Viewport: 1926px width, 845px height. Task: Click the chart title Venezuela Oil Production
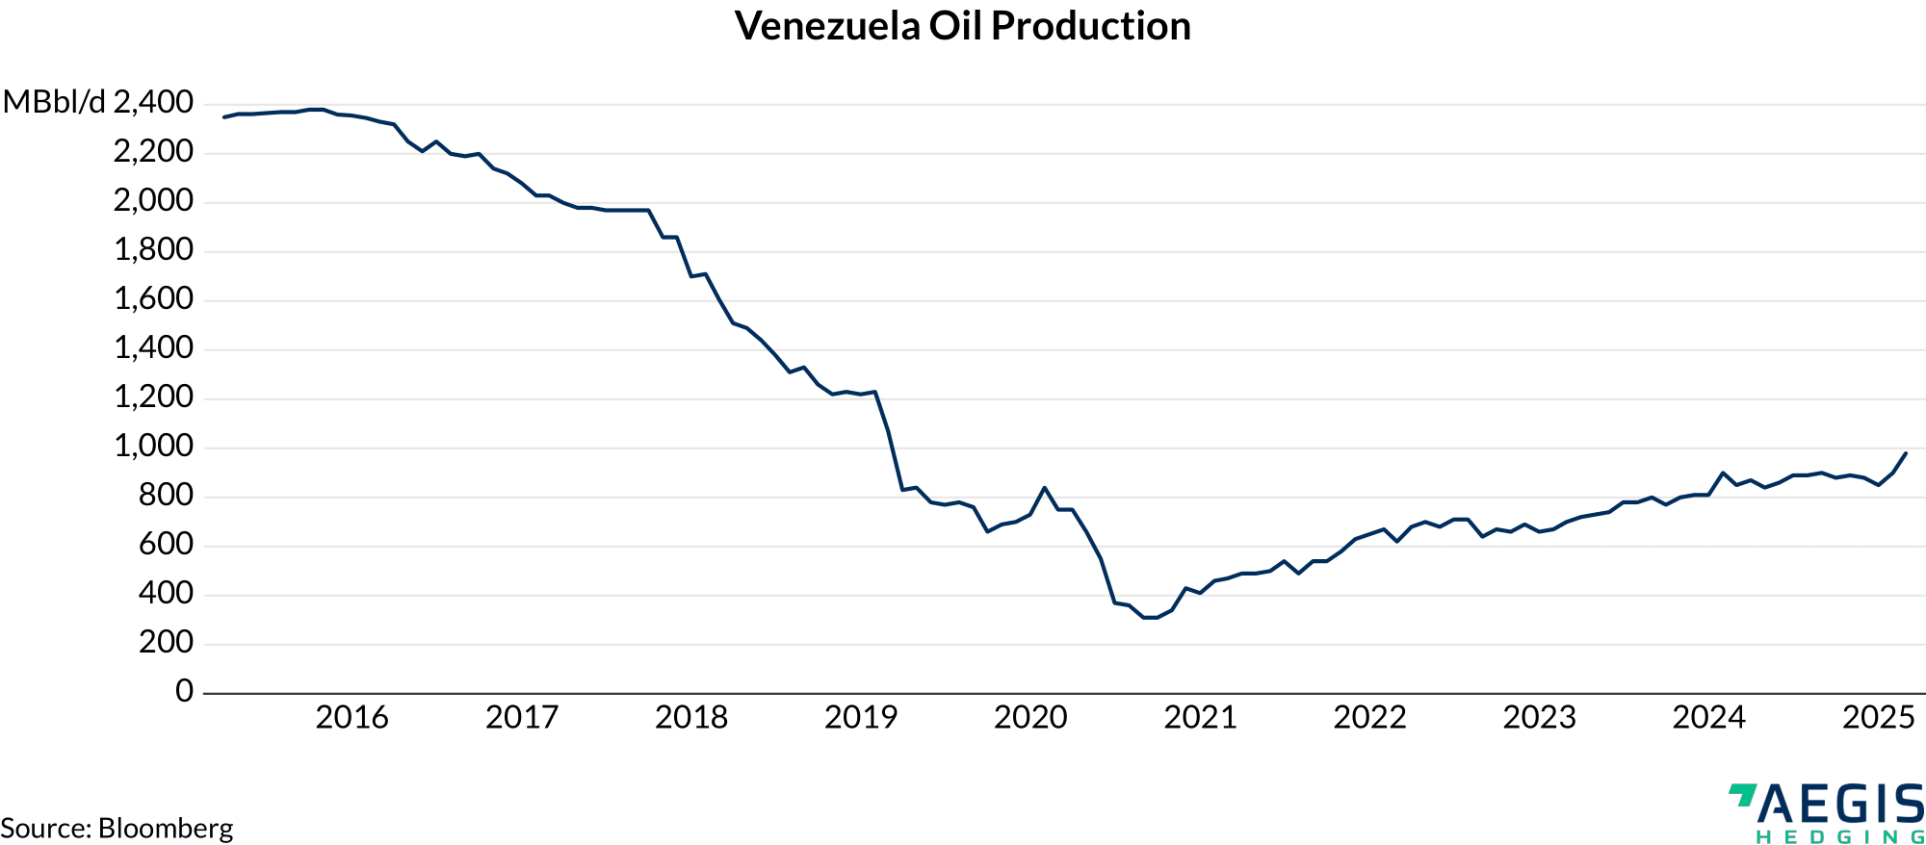coord(962,26)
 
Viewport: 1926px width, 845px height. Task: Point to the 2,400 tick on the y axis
coord(154,102)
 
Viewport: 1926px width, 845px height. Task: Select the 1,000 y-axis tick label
coord(154,447)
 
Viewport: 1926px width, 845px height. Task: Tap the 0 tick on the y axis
coord(184,691)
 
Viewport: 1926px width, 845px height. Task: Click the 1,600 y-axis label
coord(154,299)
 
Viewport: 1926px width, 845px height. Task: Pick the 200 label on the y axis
coord(166,642)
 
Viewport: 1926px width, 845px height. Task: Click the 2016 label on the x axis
coord(351,718)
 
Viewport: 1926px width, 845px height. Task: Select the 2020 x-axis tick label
coord(1030,718)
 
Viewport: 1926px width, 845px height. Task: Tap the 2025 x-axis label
coord(1878,718)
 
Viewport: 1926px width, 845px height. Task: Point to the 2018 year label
coord(691,718)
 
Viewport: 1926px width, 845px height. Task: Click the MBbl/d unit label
coord(54,102)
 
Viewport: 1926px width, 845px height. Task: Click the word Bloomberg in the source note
coord(166,829)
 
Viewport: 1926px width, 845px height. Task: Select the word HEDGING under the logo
coord(1839,837)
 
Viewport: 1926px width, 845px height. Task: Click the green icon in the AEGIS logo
coord(1742,795)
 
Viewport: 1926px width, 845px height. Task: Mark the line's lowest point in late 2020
coord(1150,618)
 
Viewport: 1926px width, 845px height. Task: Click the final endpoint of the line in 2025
coord(1906,453)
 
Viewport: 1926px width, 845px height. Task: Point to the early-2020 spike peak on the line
coord(1044,488)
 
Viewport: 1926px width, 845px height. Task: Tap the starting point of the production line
coord(224,117)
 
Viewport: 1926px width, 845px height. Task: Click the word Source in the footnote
coord(45,829)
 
